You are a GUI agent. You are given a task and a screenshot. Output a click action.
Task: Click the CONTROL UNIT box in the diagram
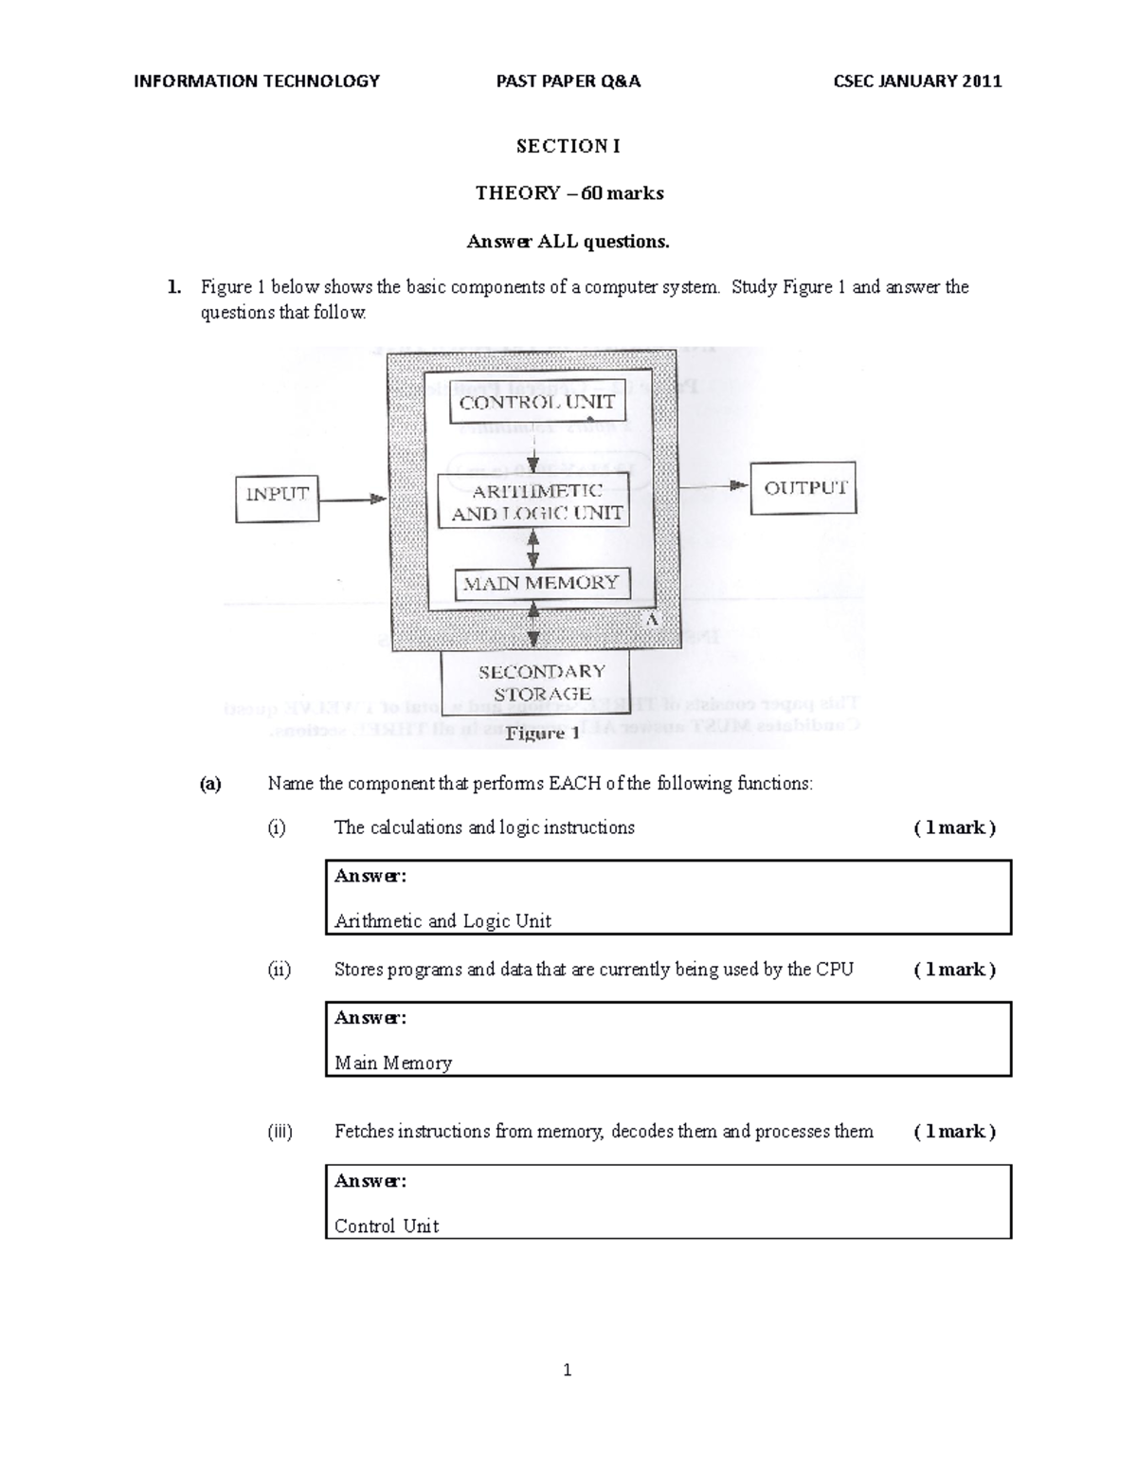[x=536, y=402]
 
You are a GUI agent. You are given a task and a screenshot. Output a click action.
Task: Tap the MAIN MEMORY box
[x=539, y=583]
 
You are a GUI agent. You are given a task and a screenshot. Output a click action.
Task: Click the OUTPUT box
[x=803, y=488]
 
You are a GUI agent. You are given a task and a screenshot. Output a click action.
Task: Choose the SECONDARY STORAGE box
[x=541, y=682]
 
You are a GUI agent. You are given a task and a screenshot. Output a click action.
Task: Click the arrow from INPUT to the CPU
[x=352, y=498]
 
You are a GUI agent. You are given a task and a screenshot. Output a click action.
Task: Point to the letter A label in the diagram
[x=651, y=619]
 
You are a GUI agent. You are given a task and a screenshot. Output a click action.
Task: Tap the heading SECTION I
[x=568, y=146]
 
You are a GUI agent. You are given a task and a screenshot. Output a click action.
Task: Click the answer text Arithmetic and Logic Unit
[x=442, y=920]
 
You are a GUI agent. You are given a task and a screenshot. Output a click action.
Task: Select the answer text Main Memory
[x=393, y=1063]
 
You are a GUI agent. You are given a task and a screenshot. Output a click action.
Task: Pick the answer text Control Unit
[x=387, y=1226]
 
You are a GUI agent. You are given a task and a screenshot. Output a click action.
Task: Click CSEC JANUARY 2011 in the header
[x=916, y=81]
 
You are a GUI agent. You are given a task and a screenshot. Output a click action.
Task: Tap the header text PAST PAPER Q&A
[x=568, y=81]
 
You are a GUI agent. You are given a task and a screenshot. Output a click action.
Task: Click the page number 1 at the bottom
[x=567, y=1370]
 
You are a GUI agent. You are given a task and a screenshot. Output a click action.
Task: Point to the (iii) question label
[x=280, y=1131]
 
